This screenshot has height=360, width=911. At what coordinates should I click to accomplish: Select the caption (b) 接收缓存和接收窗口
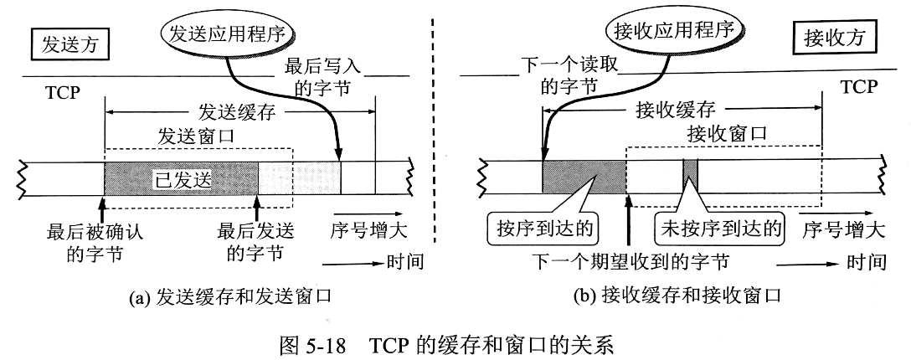[677, 295]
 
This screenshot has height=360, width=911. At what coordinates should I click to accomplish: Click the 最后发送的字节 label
[251, 241]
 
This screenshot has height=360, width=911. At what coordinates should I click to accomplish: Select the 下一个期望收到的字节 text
[630, 262]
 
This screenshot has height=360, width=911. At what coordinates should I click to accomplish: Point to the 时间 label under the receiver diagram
[867, 262]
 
